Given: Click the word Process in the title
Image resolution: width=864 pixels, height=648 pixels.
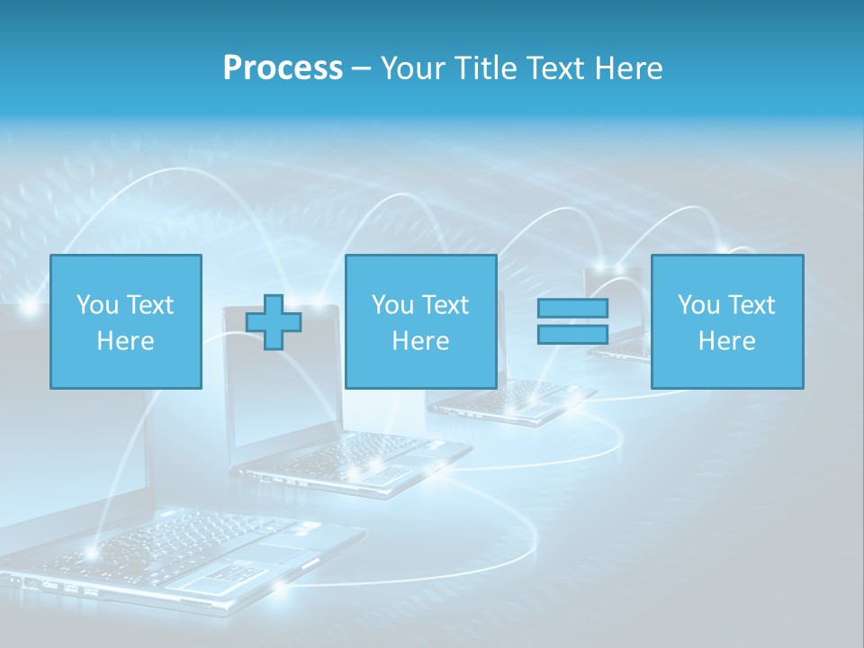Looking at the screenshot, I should click(283, 68).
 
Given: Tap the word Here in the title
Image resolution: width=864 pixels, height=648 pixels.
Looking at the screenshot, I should click(627, 68).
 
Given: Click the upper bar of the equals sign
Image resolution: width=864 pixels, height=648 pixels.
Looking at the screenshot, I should click(572, 308).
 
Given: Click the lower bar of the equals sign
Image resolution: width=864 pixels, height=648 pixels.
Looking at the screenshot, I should click(572, 334).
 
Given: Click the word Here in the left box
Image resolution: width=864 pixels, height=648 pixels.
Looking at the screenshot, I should click(125, 341).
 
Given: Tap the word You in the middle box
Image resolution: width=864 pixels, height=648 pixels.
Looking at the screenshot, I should click(392, 305).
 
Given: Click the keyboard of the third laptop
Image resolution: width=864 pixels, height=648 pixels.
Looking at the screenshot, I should click(513, 396).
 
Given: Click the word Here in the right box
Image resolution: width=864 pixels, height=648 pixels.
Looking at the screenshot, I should click(726, 341).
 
